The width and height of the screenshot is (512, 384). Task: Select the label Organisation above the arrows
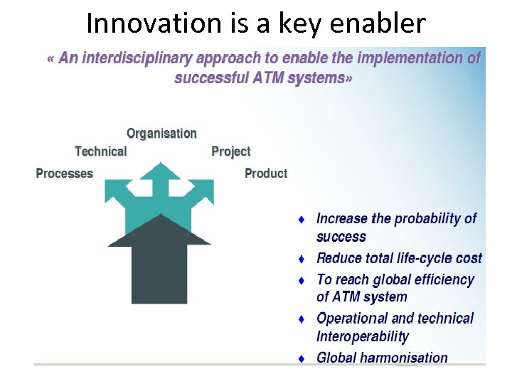(161, 133)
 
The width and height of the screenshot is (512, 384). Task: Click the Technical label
(100, 151)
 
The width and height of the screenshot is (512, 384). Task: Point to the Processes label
(64, 174)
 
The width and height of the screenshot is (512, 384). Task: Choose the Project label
(231, 151)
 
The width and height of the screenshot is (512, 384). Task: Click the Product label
(266, 174)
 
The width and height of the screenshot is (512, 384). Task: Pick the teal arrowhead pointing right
(202, 191)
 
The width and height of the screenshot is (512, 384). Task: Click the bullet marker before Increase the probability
(302, 220)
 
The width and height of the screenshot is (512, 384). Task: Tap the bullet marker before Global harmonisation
(302, 359)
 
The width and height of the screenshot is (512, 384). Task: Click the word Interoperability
(363, 336)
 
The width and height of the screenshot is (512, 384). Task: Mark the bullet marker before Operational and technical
(302, 319)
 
